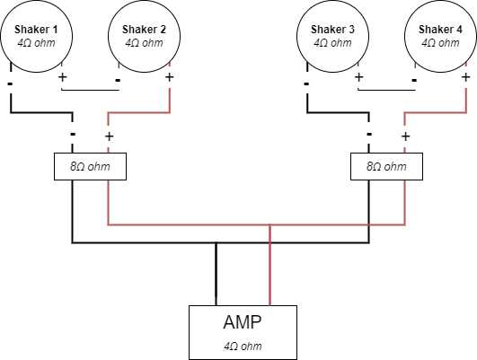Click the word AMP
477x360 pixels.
[x=243, y=322]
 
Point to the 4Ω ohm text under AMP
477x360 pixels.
[x=243, y=346]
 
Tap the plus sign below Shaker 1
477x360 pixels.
[x=62, y=77]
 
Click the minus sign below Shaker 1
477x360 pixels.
[x=10, y=83]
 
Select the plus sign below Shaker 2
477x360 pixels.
[x=170, y=77]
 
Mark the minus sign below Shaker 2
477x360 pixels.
[x=118, y=80]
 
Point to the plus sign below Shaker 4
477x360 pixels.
[x=465, y=77]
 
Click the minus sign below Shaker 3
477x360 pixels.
[x=306, y=83]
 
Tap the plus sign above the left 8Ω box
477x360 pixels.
[x=110, y=136]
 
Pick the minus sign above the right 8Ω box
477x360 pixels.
[x=369, y=134]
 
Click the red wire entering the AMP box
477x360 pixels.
[x=269, y=265]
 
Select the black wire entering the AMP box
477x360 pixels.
[x=216, y=274]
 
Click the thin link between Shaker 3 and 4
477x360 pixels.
[x=386, y=90]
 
